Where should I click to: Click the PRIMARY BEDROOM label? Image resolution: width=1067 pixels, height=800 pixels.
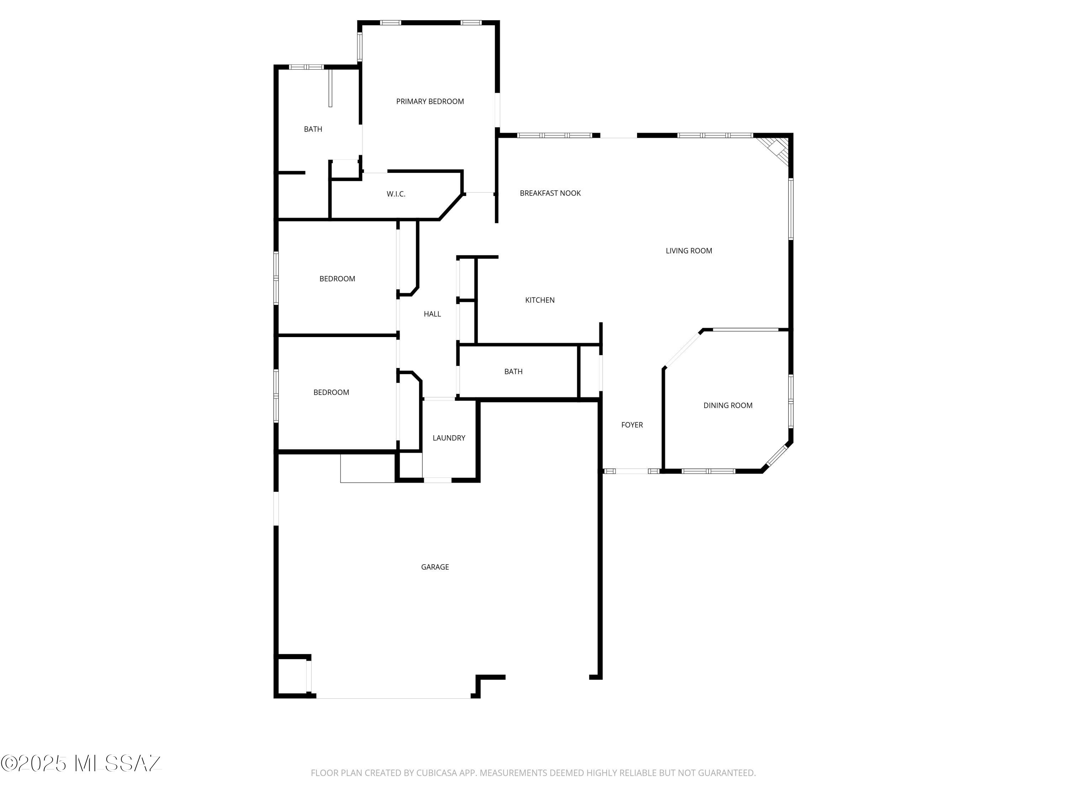tap(430, 101)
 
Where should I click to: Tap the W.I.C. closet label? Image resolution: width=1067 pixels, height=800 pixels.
tap(396, 194)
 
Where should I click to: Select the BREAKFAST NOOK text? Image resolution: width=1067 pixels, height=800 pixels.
tap(550, 193)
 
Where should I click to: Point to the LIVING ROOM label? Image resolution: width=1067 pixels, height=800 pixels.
tap(688, 251)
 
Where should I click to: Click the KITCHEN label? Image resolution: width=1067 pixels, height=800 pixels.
tap(539, 300)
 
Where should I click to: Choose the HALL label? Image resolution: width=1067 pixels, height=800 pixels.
tap(432, 314)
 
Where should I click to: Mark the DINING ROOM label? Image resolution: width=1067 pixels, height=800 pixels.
tap(727, 406)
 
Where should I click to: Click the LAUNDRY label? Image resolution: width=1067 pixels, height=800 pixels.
tap(448, 438)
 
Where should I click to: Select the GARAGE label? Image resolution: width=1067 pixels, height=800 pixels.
tap(435, 567)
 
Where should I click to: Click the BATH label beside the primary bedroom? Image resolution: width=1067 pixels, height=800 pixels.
tap(313, 129)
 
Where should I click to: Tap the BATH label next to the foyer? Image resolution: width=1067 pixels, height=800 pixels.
tap(513, 371)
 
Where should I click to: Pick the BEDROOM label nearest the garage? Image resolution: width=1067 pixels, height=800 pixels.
tap(331, 393)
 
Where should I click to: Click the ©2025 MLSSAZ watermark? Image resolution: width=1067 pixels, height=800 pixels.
tap(81, 763)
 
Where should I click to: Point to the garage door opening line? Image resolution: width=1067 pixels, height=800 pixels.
tap(393, 698)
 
